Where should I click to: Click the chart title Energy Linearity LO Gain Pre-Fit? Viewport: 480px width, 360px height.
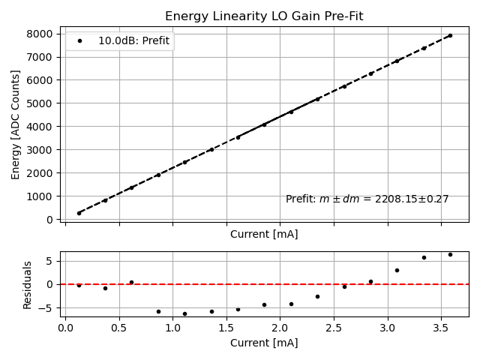click(263, 16)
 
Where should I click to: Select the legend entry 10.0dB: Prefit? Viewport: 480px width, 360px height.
click(136, 41)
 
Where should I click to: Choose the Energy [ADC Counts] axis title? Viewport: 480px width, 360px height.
click(16, 124)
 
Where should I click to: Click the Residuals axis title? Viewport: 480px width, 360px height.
click(28, 285)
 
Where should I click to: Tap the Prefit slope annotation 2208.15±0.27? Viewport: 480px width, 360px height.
click(367, 199)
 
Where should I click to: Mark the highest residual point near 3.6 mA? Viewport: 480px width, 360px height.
click(450, 254)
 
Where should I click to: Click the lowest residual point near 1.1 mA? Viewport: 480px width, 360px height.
click(184, 313)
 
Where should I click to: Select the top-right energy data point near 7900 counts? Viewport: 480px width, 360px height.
click(450, 35)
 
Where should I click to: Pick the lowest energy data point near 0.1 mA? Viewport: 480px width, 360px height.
click(79, 213)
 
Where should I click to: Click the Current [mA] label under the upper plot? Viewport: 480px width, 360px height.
click(263, 234)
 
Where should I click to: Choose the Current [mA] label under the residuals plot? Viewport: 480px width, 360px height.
click(263, 343)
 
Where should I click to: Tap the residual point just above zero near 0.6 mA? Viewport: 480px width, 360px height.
click(131, 282)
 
